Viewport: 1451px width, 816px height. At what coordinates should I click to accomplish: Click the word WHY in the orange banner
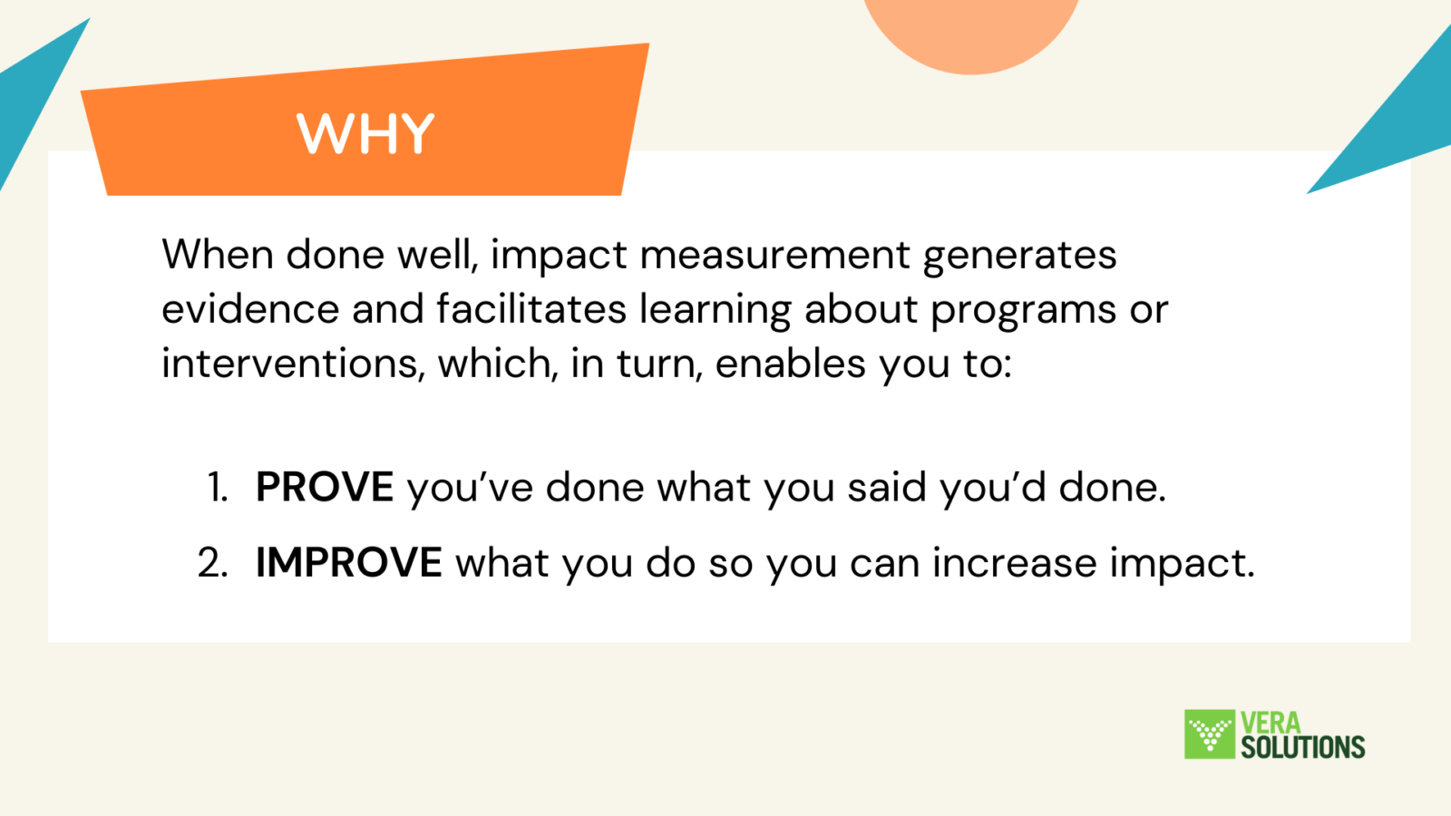[x=365, y=132]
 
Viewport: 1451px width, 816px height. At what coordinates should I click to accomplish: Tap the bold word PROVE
[x=325, y=486]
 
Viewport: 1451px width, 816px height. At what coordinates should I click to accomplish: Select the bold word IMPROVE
[x=349, y=561]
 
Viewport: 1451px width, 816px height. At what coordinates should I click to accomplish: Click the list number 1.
[x=218, y=487]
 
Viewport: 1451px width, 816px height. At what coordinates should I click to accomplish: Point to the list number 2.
[x=213, y=562]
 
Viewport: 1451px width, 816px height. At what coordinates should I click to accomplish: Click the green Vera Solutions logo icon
[x=1210, y=733]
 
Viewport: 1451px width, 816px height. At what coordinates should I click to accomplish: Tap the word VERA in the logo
[x=1271, y=722]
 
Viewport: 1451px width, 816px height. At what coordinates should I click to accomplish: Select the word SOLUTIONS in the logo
[x=1302, y=747]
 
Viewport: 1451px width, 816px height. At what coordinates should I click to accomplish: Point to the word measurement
[x=775, y=255]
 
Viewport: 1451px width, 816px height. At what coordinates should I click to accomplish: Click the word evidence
[x=250, y=309]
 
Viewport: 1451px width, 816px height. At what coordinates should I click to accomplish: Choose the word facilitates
[x=531, y=308]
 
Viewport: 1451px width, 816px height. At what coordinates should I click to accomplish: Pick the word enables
[x=790, y=363]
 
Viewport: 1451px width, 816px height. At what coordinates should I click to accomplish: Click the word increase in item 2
[x=1015, y=562]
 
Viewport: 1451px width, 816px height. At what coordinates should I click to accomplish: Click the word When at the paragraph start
[x=218, y=254]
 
